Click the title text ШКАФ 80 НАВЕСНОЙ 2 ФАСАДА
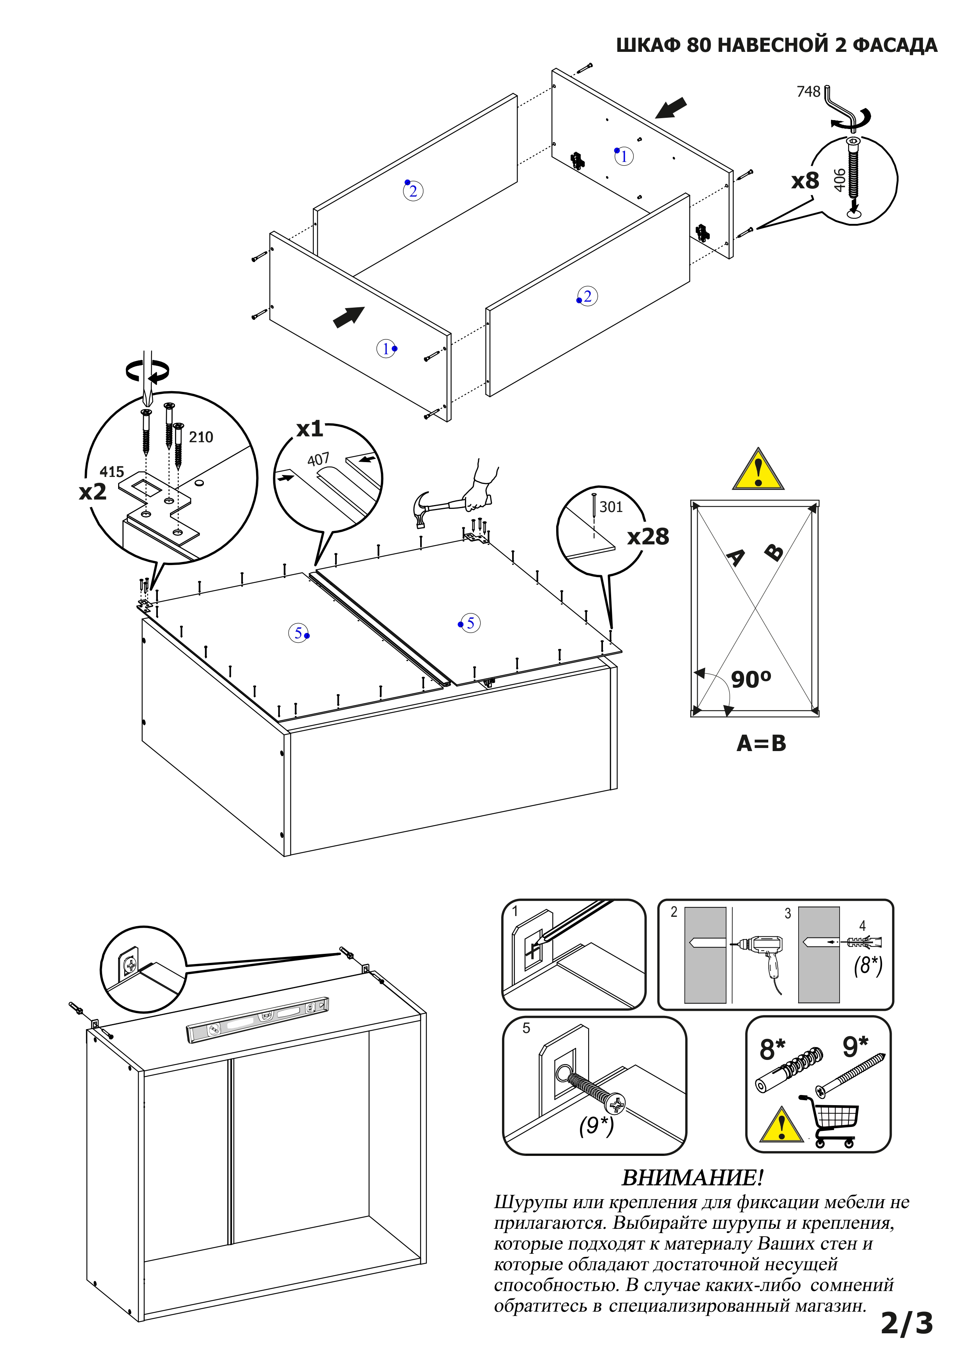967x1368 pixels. pos(776,45)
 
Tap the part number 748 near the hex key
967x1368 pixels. pos(808,92)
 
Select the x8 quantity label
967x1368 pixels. pos(805,181)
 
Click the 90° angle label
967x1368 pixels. pos(750,679)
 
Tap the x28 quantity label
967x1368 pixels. pos(648,537)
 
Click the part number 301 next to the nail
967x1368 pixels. pos(611,507)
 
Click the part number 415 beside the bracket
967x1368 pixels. pos(111,472)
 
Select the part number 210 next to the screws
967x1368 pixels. pos(201,437)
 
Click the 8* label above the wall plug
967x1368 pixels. pos(772,1050)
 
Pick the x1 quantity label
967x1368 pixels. pos(309,429)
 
